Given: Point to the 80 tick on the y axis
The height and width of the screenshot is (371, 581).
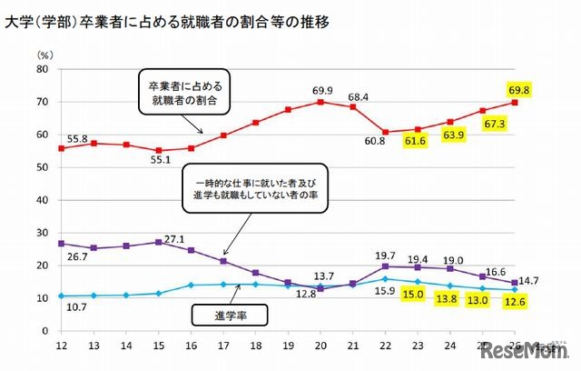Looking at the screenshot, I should coord(42,69).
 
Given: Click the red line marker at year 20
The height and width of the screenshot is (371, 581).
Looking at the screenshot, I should coord(320,102).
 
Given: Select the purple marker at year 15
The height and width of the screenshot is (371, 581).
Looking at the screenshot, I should coord(158,242).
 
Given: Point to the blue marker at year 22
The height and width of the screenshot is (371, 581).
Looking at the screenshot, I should coord(385,278).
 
